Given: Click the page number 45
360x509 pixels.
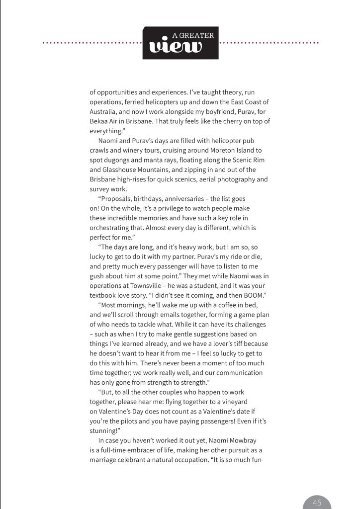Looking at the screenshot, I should coord(317,503).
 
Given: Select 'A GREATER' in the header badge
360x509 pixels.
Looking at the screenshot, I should coord(193,35).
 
